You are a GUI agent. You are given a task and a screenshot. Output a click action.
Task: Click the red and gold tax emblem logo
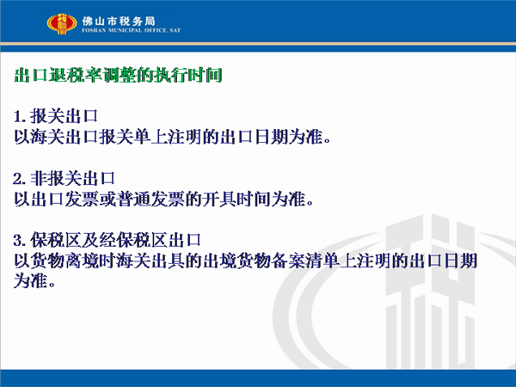click(62, 24)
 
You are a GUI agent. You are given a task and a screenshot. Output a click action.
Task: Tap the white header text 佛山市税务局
click(119, 21)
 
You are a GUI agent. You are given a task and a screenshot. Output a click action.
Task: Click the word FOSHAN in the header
click(94, 30)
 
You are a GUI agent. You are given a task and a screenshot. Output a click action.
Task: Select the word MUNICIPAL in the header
click(125, 30)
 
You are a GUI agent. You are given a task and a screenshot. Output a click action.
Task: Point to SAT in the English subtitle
click(175, 30)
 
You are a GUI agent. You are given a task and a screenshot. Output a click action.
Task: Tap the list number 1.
click(18, 116)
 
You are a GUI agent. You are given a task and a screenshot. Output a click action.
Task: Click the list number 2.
click(18, 179)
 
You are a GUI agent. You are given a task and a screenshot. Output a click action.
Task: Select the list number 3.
click(18, 240)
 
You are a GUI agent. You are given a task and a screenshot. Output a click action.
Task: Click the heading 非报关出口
click(72, 179)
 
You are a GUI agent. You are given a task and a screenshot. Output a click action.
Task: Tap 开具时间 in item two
click(236, 200)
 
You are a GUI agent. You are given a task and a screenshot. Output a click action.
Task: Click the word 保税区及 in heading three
click(64, 240)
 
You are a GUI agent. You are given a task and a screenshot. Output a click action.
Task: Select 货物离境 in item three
click(65, 261)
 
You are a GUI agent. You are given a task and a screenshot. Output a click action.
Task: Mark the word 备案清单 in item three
click(304, 261)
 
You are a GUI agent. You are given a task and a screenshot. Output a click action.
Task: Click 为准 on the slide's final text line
click(30, 281)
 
